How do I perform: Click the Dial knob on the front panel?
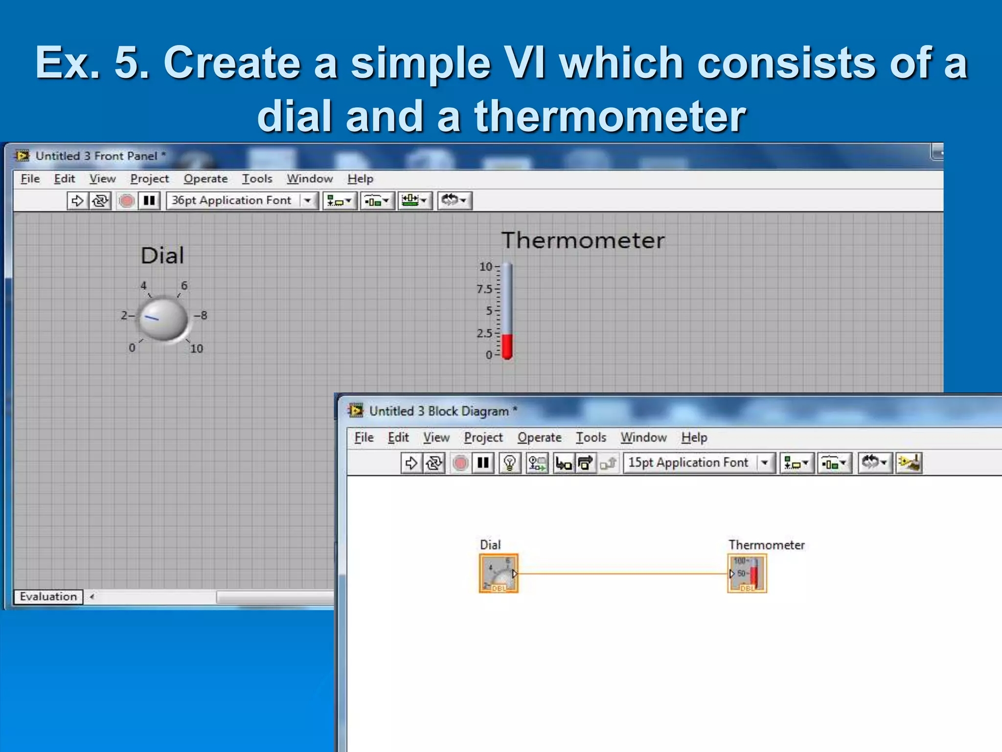pos(163,319)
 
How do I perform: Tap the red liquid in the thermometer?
pos(507,346)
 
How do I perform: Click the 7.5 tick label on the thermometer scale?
pos(484,289)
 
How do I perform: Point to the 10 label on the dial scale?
pos(196,349)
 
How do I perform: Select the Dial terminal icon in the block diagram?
pos(498,573)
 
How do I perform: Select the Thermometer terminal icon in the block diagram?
pos(747,573)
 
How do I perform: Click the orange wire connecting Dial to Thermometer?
pos(621,573)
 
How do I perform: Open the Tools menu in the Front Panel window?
pos(257,179)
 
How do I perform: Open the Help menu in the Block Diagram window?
pos(694,437)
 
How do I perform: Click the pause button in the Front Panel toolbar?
pos(149,200)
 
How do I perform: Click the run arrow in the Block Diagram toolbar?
pos(411,463)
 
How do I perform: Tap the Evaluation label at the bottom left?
pos(48,596)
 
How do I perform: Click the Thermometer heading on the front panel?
pos(583,240)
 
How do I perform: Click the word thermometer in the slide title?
pos(610,116)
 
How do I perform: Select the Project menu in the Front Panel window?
pos(149,179)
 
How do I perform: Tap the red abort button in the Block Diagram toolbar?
pos(460,463)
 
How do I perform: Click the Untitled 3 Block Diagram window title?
pos(438,411)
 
